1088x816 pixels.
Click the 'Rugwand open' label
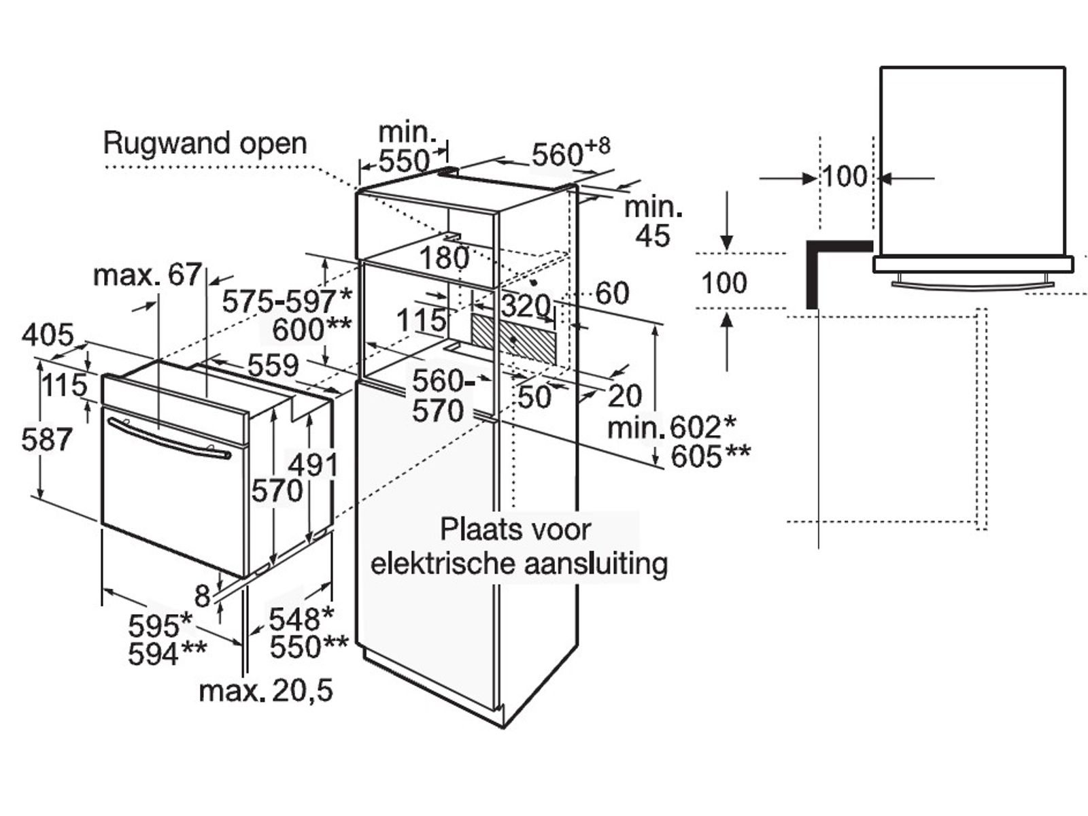coord(205,143)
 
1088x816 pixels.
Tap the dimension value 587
coord(46,440)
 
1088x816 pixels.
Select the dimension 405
coord(48,335)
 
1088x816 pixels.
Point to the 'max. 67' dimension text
coord(148,275)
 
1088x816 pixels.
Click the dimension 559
coord(273,366)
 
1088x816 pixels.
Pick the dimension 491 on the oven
coord(313,466)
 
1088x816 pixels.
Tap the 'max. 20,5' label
coord(266,691)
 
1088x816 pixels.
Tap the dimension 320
coord(526,307)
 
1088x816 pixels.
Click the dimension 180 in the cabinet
coord(444,258)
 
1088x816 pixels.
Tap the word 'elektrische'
coord(442,564)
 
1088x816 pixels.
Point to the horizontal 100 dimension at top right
coord(845,177)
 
